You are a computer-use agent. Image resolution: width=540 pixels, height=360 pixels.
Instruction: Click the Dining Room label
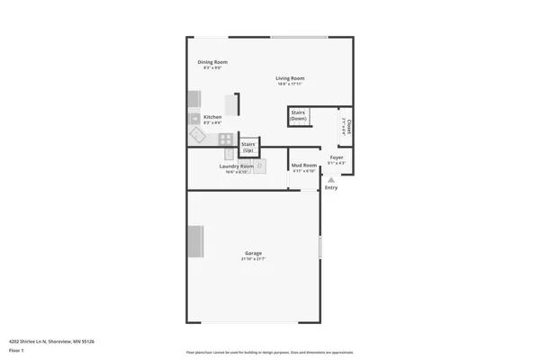(212, 61)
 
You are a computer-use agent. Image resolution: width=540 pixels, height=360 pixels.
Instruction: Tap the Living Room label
(290, 78)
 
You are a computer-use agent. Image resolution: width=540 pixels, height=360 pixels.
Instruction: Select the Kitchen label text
(212, 117)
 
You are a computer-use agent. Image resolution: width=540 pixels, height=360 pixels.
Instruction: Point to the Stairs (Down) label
(299, 116)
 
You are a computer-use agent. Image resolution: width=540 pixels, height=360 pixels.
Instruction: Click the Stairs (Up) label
(248, 147)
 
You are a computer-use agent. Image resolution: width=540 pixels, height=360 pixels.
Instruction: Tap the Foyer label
(336, 157)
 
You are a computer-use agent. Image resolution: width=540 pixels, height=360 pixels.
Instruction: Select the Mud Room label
(303, 166)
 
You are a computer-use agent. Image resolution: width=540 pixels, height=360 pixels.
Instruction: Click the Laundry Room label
(236, 166)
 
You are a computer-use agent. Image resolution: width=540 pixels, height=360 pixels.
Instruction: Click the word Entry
(331, 187)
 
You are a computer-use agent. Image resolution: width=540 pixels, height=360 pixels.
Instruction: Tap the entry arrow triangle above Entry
(331, 179)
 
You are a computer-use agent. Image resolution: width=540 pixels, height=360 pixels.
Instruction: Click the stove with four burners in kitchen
(226, 139)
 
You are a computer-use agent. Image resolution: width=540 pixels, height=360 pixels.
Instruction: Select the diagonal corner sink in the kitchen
(197, 134)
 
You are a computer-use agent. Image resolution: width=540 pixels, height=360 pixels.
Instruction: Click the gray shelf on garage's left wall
(194, 241)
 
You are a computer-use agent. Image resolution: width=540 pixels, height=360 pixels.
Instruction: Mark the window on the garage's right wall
(320, 248)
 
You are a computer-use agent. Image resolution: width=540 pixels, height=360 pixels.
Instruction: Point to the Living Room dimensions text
(290, 85)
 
